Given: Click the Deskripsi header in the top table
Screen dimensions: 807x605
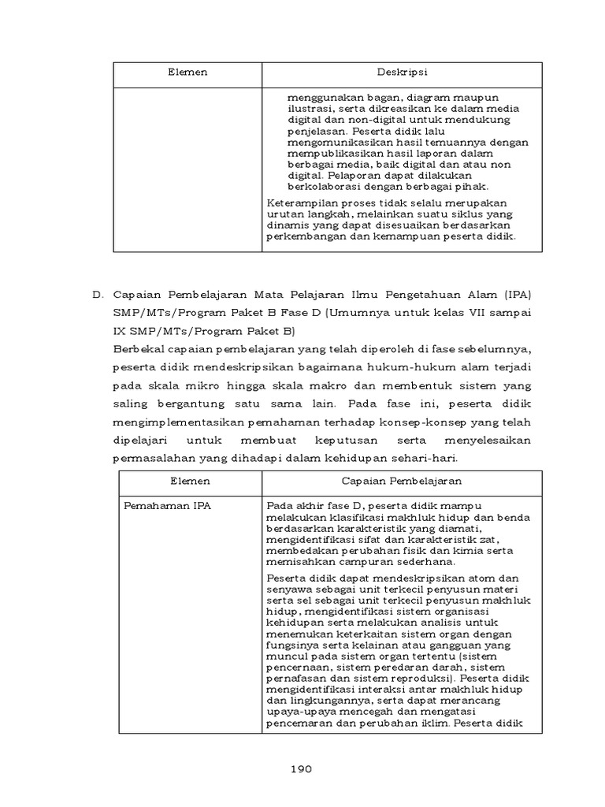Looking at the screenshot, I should click(x=402, y=73).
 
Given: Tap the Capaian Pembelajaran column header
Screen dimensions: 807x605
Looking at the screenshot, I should click(x=402, y=480).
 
